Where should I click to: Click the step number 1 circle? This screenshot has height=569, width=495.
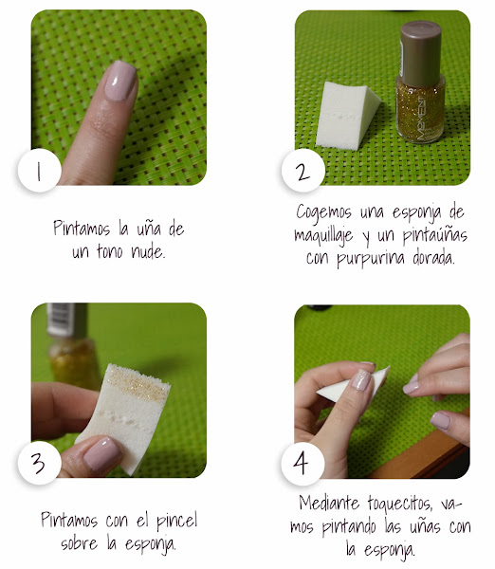[39, 170]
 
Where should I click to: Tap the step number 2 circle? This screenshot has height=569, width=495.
[302, 170]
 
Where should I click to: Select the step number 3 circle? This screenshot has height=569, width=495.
[39, 463]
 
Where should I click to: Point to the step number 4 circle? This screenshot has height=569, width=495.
[302, 464]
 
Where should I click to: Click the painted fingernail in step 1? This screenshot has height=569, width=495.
[120, 81]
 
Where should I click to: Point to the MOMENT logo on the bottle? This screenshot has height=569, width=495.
[421, 119]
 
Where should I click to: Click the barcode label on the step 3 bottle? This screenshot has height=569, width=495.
[61, 319]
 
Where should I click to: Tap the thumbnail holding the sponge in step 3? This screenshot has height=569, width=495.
[102, 453]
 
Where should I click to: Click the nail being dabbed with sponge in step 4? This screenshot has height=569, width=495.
[361, 379]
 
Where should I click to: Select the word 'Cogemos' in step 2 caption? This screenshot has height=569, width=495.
[323, 211]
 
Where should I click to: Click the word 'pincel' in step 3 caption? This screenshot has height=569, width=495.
[176, 522]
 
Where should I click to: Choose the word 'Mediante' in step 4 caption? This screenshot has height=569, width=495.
[329, 503]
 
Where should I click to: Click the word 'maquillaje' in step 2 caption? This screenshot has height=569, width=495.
[323, 236]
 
